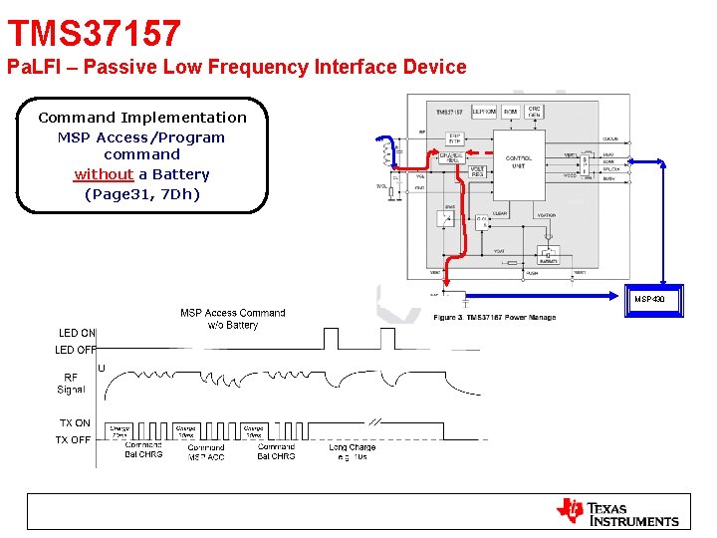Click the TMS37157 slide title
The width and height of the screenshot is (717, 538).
click(x=95, y=34)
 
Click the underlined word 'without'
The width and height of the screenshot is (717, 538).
click(x=104, y=174)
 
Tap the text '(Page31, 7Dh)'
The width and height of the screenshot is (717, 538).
click(x=142, y=193)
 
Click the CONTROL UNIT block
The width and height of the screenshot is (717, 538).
click(x=519, y=161)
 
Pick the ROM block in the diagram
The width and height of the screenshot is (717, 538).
click(x=511, y=112)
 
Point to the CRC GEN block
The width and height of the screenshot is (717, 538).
click(x=535, y=112)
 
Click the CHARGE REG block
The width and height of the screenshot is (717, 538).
click(x=453, y=157)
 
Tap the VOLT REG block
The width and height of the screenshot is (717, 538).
click(x=482, y=173)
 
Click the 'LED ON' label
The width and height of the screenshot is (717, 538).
click(x=77, y=333)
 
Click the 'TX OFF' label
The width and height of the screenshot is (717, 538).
click(x=73, y=439)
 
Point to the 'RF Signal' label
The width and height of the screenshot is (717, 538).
click(x=71, y=384)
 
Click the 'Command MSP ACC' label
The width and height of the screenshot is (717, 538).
click(x=206, y=452)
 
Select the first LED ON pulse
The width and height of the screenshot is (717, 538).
click(x=325, y=339)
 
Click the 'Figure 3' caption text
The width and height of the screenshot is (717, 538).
click(x=494, y=318)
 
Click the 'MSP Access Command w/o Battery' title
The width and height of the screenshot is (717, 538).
click(x=232, y=319)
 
